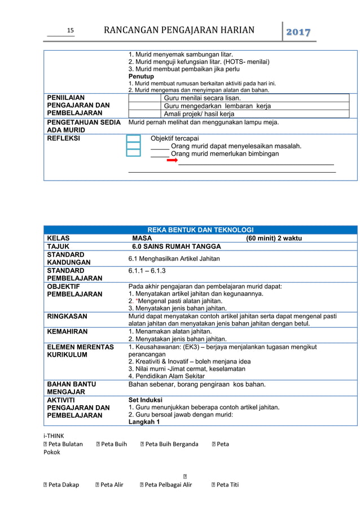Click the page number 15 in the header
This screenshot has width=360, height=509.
[x=71, y=31]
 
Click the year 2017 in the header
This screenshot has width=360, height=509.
[x=300, y=32]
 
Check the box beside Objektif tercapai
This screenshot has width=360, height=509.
[x=133, y=138]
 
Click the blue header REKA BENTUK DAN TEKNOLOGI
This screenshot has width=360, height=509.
[x=200, y=230]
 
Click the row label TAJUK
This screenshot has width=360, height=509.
[x=58, y=247]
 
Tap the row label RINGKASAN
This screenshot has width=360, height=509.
[x=67, y=316]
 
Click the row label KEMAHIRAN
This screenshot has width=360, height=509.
[x=68, y=331]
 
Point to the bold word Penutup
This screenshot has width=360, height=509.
[x=141, y=76]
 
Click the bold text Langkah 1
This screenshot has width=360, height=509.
[x=144, y=422]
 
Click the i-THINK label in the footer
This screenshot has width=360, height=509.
[x=54, y=436]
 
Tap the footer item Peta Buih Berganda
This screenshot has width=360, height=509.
[x=172, y=444]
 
